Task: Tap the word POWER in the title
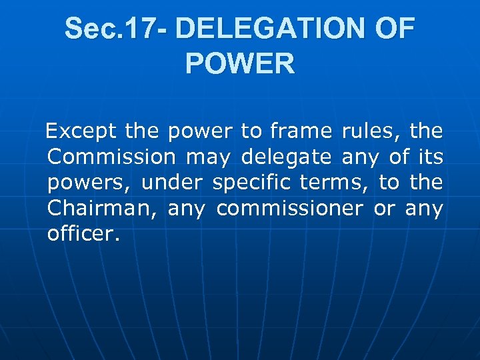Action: point(240,64)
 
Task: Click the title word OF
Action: point(395,29)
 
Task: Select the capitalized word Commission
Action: point(111,157)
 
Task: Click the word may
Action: point(208,158)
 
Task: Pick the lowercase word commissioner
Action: point(290,209)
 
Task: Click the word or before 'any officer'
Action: point(384,209)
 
